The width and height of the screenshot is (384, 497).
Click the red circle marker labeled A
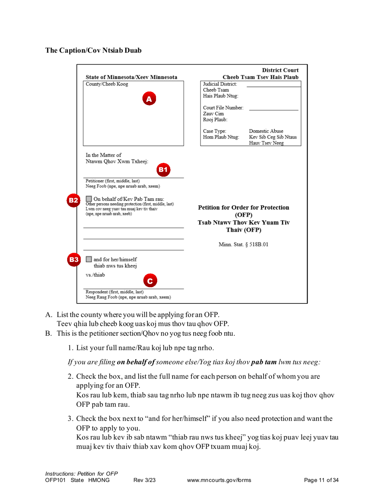tap(148, 98)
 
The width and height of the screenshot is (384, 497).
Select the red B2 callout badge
tap(73, 200)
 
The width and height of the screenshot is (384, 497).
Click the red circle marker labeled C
tap(150, 281)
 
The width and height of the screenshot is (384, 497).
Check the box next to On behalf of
tap(89, 198)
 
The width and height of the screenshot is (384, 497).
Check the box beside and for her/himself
tap(89, 259)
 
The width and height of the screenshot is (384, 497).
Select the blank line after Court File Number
tap(274, 110)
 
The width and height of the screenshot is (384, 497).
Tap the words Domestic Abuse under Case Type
tap(266, 131)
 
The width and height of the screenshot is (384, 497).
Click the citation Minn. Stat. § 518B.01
tap(244, 245)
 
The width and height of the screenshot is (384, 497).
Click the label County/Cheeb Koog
tap(107, 84)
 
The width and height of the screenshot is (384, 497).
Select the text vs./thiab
tap(95, 275)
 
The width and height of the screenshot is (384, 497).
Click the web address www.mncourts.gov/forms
tap(219, 480)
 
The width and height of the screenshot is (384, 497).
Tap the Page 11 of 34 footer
tap(321, 480)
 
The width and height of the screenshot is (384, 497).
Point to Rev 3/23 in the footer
tap(144, 480)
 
